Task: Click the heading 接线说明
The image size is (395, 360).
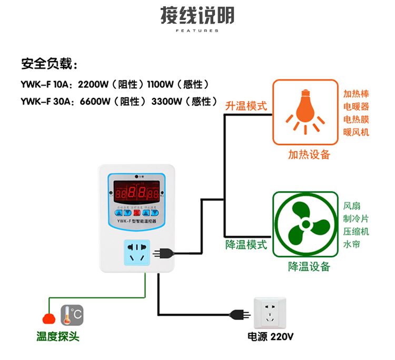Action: click(197, 16)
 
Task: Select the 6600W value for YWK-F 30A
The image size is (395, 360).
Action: click(95, 101)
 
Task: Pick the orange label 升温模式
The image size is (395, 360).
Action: click(246, 106)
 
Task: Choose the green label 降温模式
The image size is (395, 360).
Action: click(246, 245)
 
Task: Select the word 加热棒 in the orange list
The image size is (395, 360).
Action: click(356, 94)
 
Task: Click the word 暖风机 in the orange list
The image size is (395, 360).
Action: click(356, 132)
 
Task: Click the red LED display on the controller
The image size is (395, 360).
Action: click(136, 192)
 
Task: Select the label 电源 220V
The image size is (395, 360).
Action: click(270, 337)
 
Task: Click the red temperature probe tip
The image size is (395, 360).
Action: click(49, 318)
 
